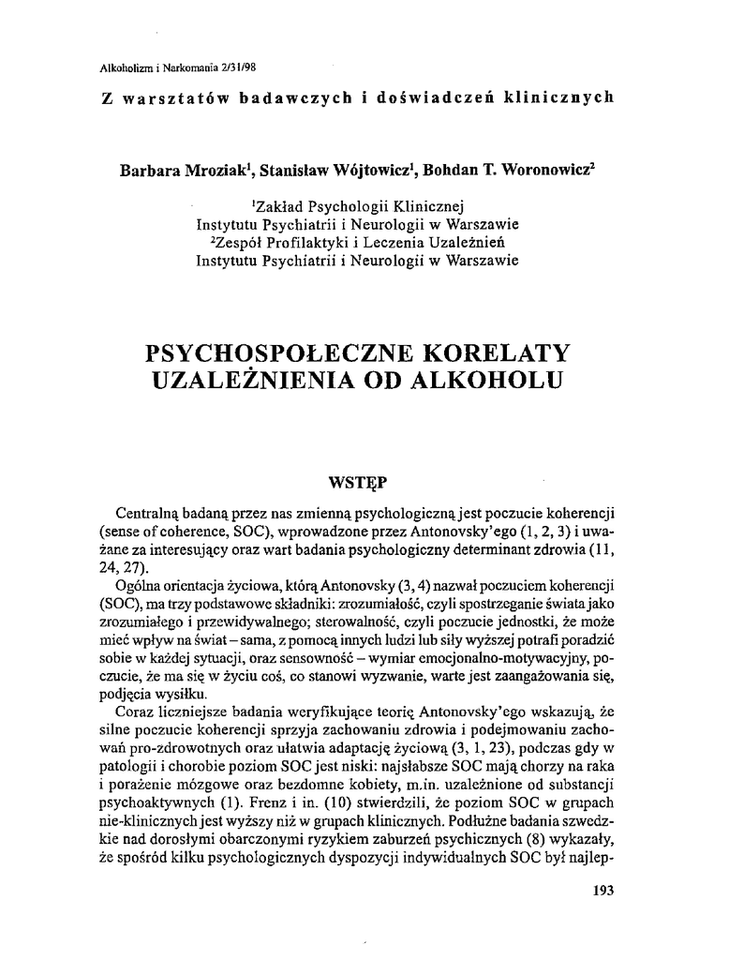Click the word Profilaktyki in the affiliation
coord(320,243)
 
